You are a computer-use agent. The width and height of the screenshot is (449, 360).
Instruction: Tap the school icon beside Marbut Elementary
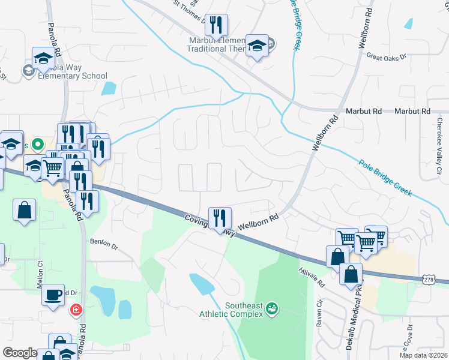pyautogui.click(x=258, y=46)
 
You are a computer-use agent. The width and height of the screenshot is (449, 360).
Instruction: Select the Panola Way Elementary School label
pyautogui.click(x=73, y=76)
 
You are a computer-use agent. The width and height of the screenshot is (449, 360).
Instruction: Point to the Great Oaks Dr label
pyautogui.click(x=387, y=56)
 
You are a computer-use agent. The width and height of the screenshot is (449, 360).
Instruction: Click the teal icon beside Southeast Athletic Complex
pyautogui.click(x=271, y=307)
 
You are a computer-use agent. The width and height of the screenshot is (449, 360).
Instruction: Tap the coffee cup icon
pyautogui.click(x=54, y=295)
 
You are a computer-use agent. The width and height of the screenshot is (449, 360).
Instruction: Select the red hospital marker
pyautogui.click(x=76, y=310)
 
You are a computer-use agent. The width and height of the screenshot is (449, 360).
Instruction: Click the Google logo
pyautogui.click(x=20, y=353)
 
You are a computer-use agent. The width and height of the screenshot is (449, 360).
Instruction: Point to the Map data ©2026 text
pyautogui.click(x=423, y=355)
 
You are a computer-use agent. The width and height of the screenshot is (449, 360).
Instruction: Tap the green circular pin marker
pyautogui.click(x=37, y=145)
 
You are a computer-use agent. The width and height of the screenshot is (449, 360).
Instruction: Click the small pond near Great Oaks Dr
pyautogui.click(x=409, y=24)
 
